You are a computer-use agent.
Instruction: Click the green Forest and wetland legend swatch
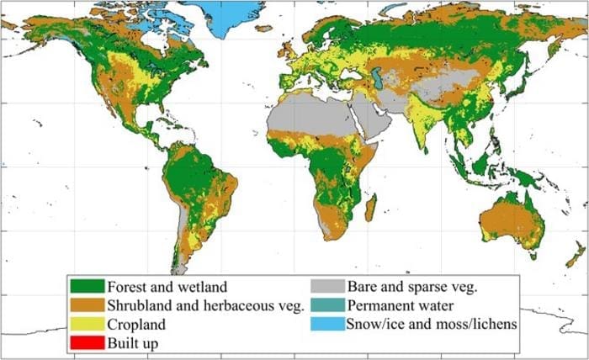pos(88,288)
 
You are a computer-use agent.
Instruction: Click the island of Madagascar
pos(369,206)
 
